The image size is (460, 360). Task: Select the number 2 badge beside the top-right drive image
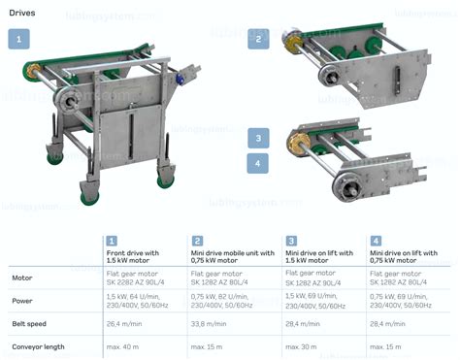click(x=258, y=39)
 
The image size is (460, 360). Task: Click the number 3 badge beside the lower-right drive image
click(x=258, y=138)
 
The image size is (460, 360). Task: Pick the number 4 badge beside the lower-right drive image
click(x=258, y=162)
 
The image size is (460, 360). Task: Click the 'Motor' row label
click(x=22, y=278)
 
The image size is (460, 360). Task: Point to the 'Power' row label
click(x=23, y=300)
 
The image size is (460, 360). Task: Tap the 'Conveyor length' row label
click(x=38, y=346)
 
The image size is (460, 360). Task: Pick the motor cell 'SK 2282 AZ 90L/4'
click(x=141, y=281)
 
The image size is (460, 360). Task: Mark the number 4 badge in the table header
click(x=376, y=241)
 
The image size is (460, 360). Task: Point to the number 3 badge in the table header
click(x=290, y=241)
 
